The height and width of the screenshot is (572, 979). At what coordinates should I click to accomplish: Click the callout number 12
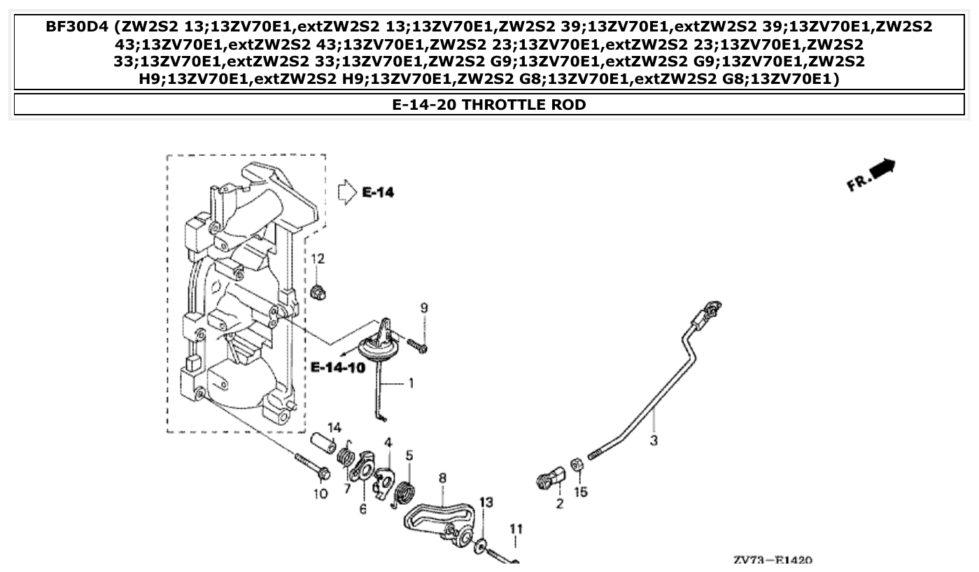(x=318, y=259)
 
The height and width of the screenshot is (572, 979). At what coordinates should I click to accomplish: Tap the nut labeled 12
(x=318, y=292)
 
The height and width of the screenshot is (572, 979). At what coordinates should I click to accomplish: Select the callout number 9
(x=423, y=308)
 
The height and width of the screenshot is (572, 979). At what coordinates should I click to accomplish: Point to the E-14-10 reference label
(x=338, y=367)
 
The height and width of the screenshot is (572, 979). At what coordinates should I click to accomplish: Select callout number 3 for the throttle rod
(x=653, y=441)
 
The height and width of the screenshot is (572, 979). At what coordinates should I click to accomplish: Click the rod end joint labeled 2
(x=551, y=479)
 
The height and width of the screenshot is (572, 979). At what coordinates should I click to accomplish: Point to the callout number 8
(x=442, y=478)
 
